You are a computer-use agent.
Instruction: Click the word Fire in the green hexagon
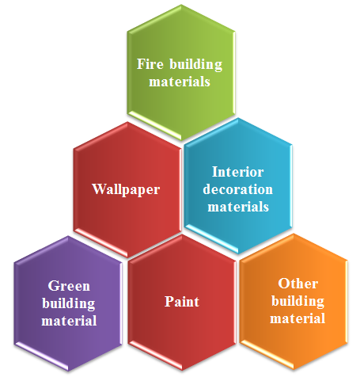tap(150, 64)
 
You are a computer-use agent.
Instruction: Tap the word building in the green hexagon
tap(196, 65)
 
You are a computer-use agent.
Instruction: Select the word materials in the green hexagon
tap(180, 82)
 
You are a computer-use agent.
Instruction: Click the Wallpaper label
tap(126, 189)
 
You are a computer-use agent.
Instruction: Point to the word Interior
tap(238, 172)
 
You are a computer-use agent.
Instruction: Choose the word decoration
tap(238, 189)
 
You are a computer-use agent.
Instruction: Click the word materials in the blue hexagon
tap(238, 207)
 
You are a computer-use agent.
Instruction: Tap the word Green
tap(69, 286)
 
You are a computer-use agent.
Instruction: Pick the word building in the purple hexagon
tap(69, 304)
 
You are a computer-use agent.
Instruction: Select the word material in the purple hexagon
tap(69, 321)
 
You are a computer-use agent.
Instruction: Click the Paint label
tap(182, 302)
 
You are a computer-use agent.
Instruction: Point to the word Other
tap(298, 284)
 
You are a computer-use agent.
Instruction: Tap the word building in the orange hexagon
tap(298, 301)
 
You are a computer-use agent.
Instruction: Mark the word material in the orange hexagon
tap(297, 318)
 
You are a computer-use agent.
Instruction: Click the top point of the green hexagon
tap(181, 5)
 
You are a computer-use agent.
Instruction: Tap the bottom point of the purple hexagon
tap(69, 371)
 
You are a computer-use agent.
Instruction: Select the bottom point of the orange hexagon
tap(294, 370)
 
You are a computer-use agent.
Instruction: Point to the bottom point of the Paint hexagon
tap(182, 371)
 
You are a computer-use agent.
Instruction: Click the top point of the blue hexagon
tap(238, 118)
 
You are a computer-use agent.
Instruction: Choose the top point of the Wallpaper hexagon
tap(127, 122)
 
